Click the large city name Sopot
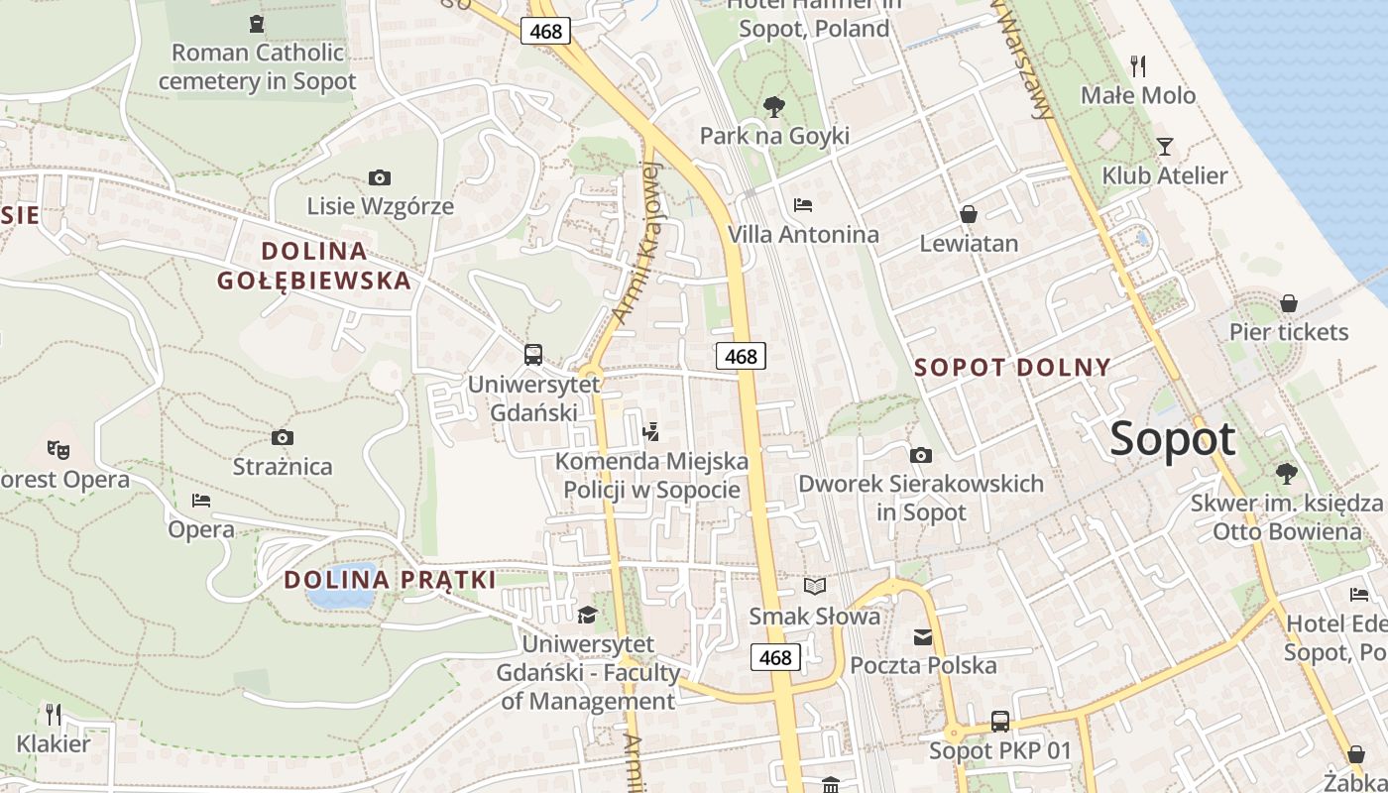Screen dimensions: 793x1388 click(x=1173, y=439)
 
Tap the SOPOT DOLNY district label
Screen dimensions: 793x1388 click(x=1012, y=368)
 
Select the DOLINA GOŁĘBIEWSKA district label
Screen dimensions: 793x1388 click(x=313, y=265)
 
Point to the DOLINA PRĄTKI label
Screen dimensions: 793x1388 click(x=390, y=580)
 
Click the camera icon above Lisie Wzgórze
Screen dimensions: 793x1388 click(x=379, y=178)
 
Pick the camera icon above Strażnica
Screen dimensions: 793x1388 click(x=283, y=437)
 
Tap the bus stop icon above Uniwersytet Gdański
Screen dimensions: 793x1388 click(x=533, y=354)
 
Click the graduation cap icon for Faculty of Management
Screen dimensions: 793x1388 click(x=588, y=616)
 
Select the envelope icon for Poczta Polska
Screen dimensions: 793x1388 click(x=923, y=636)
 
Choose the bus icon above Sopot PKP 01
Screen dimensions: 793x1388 click(x=1000, y=722)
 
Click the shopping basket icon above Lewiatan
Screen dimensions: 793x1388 click(x=969, y=214)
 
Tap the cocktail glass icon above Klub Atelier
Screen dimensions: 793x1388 click(x=1165, y=147)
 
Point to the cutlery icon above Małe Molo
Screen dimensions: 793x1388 click(x=1138, y=66)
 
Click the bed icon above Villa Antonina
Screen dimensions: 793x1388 click(x=803, y=205)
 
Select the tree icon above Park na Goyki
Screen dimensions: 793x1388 click(x=774, y=106)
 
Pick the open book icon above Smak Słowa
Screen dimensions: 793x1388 click(x=815, y=587)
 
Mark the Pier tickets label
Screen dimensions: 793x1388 click(x=1289, y=332)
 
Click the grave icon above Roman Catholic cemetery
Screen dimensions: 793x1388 click(x=257, y=24)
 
